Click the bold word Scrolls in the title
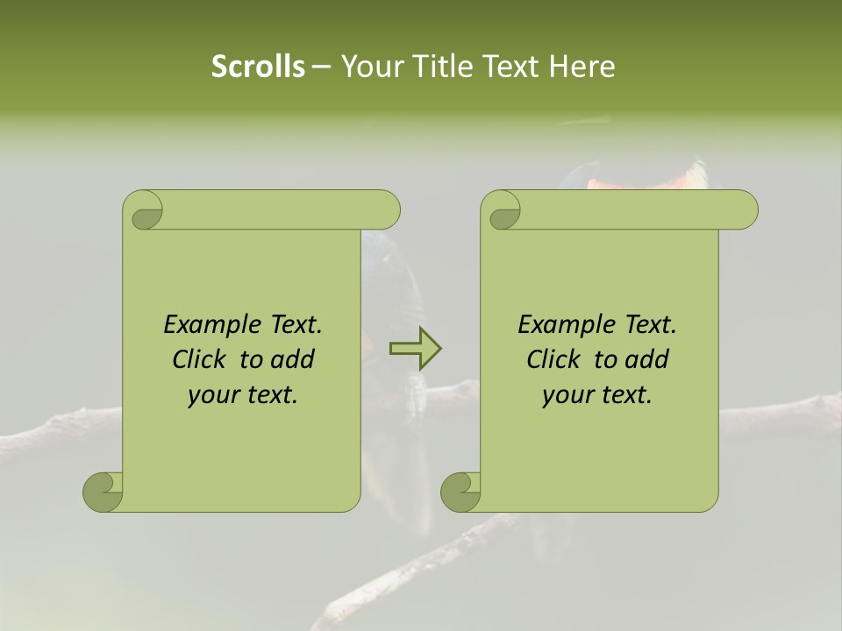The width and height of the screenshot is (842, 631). (x=258, y=67)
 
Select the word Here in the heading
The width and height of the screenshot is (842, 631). (x=582, y=67)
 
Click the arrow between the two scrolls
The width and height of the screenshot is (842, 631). (x=416, y=349)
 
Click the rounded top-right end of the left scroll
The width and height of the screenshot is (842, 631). (x=386, y=210)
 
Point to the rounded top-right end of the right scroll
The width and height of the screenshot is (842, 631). (x=744, y=210)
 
